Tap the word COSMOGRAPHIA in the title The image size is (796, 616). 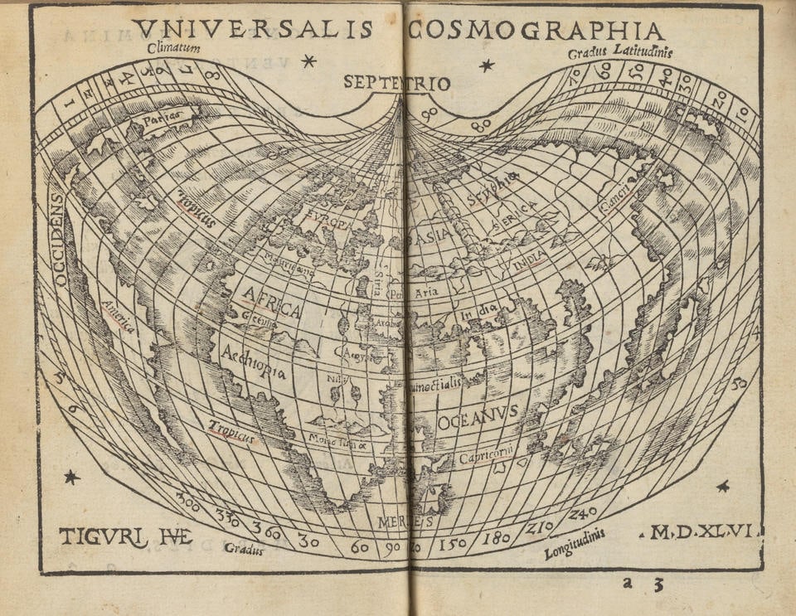pyautogui.click(x=536, y=31)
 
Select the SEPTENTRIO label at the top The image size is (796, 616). pyautogui.click(x=396, y=83)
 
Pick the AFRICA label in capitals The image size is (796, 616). pyautogui.click(x=271, y=302)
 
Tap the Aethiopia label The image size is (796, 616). pyautogui.click(x=254, y=361)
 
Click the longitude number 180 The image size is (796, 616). pyautogui.click(x=497, y=538)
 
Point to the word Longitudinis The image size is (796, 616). pyautogui.click(x=575, y=545)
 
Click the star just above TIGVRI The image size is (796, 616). pyautogui.click(x=72, y=477)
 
